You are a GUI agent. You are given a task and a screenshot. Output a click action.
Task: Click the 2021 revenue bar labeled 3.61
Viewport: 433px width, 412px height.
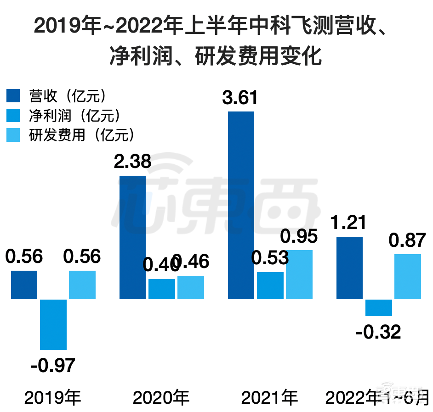click(241, 205)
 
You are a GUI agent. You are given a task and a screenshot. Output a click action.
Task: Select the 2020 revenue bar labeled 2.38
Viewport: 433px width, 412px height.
click(132, 237)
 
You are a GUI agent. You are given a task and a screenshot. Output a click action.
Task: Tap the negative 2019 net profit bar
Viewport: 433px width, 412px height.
click(53, 324)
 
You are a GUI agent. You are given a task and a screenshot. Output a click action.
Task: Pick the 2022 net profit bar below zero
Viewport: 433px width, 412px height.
click(378, 307)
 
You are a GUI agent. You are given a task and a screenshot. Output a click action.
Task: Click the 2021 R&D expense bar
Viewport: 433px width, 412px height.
click(299, 274)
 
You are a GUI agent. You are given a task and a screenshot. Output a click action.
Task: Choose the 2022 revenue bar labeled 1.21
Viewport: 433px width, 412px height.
click(349, 268)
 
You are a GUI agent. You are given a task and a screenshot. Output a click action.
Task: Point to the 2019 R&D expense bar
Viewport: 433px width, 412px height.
click(82, 285)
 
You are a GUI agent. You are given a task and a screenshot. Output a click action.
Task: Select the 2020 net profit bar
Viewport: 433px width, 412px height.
click(161, 289)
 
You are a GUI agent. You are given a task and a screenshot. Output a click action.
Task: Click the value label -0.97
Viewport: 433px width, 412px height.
click(53, 365)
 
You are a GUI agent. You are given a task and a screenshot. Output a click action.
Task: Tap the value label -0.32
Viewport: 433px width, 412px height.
click(378, 331)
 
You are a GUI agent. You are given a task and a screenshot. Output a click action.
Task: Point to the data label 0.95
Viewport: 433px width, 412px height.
click(299, 237)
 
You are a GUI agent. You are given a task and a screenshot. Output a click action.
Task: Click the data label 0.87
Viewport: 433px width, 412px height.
click(407, 240)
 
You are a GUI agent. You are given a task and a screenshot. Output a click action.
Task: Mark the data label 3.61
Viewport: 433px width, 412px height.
click(241, 98)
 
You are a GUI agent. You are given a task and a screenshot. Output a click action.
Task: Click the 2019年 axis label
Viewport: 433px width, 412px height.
click(53, 397)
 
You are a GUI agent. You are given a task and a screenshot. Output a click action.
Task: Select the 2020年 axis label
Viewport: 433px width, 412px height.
click(161, 397)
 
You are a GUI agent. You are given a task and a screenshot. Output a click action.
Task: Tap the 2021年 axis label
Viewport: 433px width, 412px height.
click(270, 397)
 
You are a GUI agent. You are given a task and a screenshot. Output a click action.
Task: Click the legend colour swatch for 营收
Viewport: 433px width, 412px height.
click(13, 96)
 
